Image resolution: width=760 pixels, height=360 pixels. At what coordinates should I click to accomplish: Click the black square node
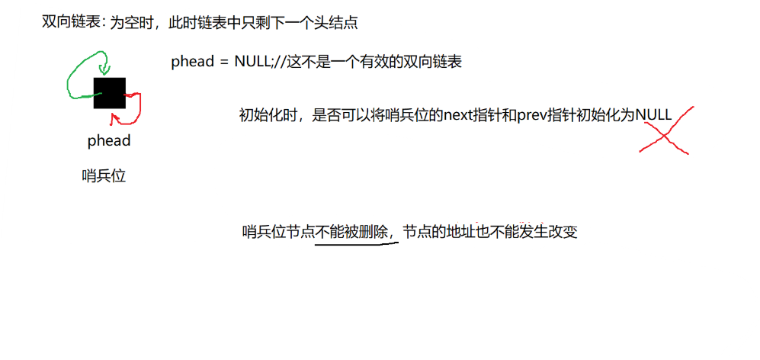pos(109,93)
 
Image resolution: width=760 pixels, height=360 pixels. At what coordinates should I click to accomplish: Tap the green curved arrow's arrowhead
pos(104,66)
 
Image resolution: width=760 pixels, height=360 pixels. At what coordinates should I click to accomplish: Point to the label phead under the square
pos(109,140)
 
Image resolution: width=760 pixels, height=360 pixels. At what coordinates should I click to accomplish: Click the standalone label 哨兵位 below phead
pos(103,176)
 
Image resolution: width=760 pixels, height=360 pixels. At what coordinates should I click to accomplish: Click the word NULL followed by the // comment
pos(251,63)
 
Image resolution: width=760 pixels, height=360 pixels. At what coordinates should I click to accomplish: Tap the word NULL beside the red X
pos(653,115)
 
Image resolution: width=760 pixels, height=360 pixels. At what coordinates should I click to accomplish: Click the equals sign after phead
pos(223,63)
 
